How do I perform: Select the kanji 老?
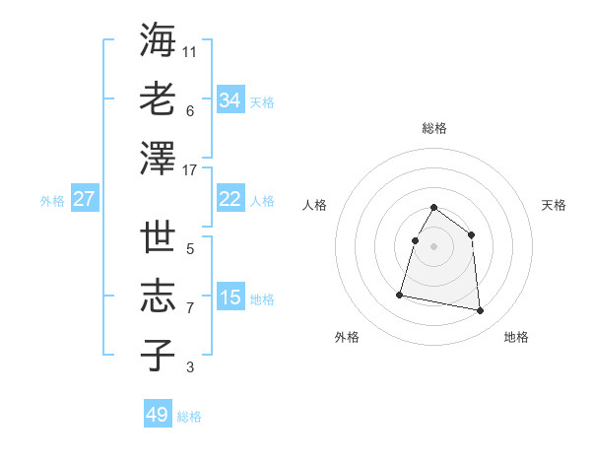[158, 99]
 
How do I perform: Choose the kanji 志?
[158, 298]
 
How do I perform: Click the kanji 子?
[158, 357]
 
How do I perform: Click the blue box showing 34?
[230, 100]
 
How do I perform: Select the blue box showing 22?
[230, 199]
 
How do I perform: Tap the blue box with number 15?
[230, 298]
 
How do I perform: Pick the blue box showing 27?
[84, 199]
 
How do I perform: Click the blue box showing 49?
[158, 415]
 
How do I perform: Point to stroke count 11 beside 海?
[190, 51]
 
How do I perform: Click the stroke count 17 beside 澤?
[190, 170]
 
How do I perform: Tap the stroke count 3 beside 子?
[190, 368]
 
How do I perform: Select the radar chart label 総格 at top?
[433, 128]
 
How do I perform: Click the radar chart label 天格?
[554, 205]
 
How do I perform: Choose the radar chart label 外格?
[347, 337]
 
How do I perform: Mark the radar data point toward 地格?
[481, 311]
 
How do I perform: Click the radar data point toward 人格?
[415, 240]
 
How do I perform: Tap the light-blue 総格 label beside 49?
[189, 417]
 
